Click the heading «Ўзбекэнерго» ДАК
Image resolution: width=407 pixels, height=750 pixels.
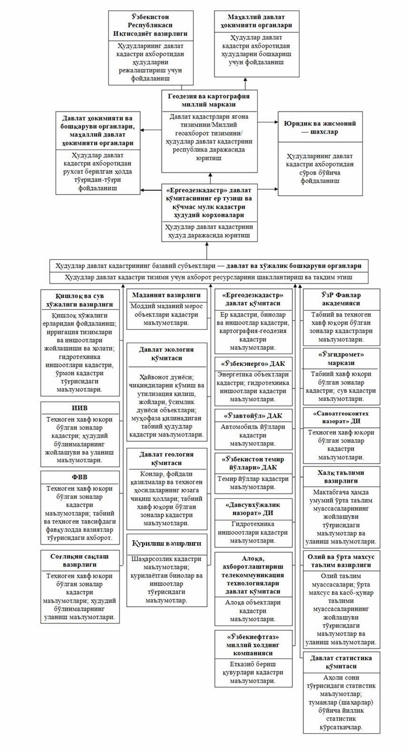point(253,364)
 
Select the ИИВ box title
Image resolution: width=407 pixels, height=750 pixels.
point(79,408)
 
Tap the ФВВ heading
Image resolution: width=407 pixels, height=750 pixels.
point(79,477)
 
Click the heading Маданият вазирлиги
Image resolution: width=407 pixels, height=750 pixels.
point(166,295)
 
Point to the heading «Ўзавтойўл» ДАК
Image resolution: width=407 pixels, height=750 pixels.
point(253,416)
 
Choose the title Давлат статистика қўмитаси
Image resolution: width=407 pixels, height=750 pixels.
point(341,662)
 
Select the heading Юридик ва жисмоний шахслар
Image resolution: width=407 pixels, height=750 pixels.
point(320,128)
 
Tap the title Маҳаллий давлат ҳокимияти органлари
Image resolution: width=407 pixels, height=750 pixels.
point(256,22)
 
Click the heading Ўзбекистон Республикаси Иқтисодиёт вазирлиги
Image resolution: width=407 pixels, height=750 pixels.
point(150,26)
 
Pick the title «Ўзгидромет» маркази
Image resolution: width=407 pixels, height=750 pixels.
point(341,359)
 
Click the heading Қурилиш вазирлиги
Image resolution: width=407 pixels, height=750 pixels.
point(166,543)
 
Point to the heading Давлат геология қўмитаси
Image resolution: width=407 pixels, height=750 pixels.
point(166,459)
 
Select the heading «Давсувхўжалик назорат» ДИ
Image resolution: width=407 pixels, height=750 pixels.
point(253,509)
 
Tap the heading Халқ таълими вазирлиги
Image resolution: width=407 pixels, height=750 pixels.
point(341,476)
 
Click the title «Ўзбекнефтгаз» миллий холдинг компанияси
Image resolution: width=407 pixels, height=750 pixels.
point(253,645)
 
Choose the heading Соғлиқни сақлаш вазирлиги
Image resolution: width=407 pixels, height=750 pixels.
point(79,560)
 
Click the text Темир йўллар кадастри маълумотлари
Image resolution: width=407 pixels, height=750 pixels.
point(253,483)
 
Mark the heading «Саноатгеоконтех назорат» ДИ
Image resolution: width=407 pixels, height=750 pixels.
point(341,417)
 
